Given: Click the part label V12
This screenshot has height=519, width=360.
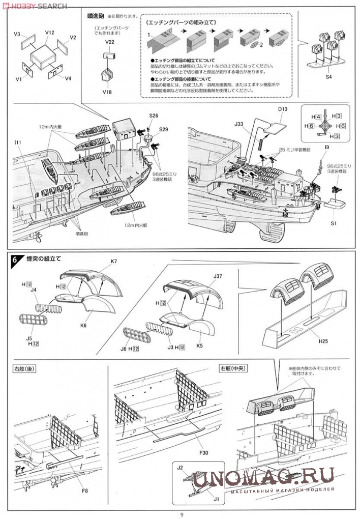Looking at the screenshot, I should coord(49,32).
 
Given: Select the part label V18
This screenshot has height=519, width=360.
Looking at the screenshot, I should coord(107,92).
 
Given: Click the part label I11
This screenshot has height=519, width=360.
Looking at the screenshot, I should coord(18,143).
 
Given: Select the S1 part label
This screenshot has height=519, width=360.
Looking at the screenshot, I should coord(334,223).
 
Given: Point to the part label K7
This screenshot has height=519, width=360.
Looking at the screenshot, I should coord(113,262).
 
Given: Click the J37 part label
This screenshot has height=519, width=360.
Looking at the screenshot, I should coord(218,276).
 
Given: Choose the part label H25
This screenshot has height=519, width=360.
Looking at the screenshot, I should coord(324,341).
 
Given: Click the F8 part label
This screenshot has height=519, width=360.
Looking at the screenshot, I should coord(84,491).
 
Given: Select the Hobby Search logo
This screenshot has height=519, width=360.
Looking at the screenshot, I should coord(34,6).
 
